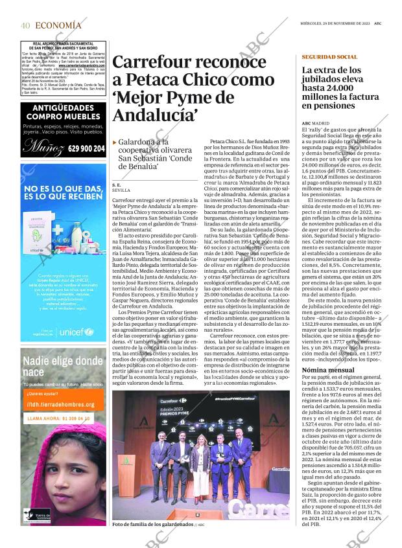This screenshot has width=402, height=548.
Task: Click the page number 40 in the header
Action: point(25,25)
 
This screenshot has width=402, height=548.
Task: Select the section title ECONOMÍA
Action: point(58,25)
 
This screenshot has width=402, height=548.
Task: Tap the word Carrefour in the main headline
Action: point(150,63)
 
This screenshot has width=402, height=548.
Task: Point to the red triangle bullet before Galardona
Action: point(115,142)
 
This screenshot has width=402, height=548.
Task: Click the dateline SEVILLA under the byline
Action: point(121,191)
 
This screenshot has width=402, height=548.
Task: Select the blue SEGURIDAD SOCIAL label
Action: point(329,57)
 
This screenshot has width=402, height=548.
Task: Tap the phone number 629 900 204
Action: point(85,148)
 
